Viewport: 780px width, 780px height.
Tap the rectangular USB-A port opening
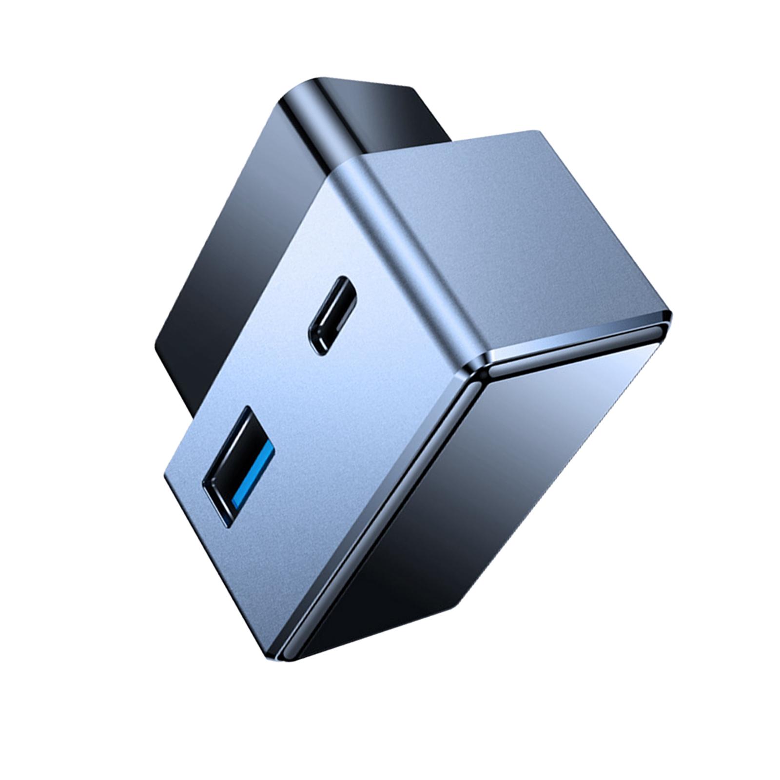[237, 443]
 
